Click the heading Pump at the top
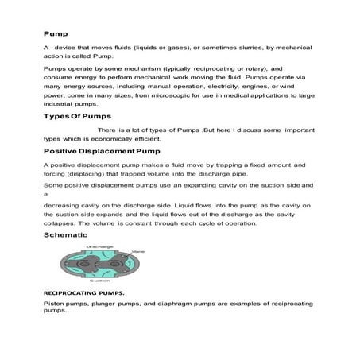click(55, 34)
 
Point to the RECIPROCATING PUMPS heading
click(82, 292)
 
